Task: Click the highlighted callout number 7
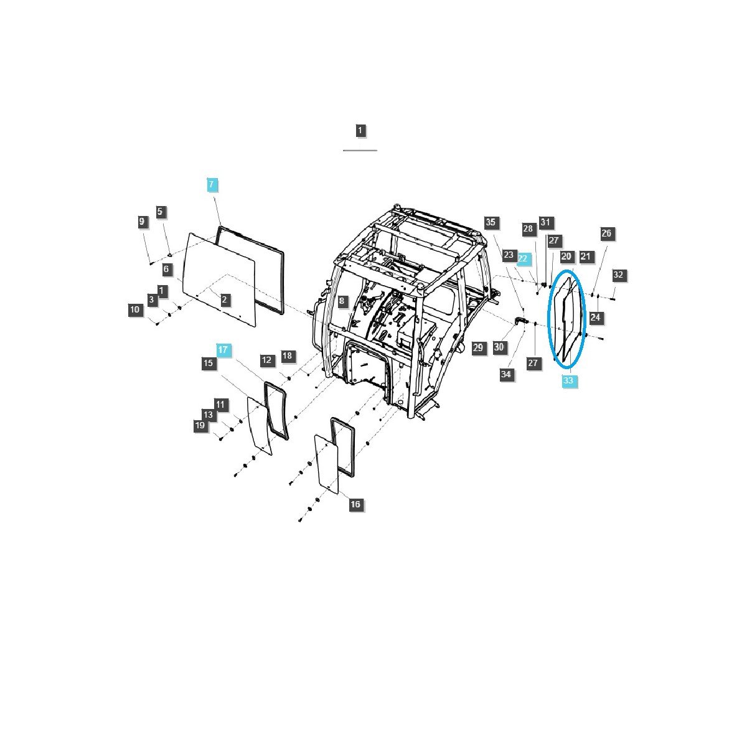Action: coord(211,184)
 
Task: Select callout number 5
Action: coord(160,212)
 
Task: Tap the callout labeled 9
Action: coord(142,222)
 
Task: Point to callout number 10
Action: coord(135,309)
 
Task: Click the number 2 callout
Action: coord(225,299)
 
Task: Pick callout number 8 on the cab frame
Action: coord(342,301)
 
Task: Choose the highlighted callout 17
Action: coord(223,350)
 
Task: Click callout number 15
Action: coord(209,363)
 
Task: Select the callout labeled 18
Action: coord(287,356)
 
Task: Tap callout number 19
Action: coord(200,425)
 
